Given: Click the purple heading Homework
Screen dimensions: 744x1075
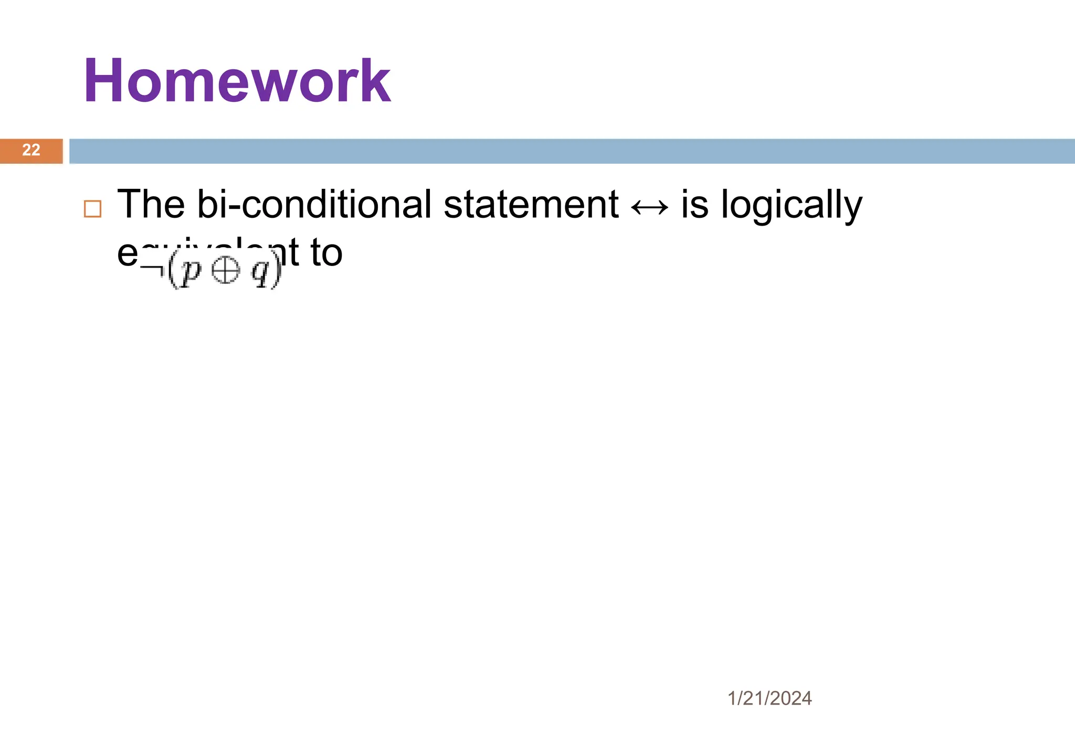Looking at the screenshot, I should pos(237,81).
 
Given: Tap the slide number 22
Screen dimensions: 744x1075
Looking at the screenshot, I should pos(31,150).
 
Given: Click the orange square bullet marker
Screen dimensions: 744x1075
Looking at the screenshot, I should pos(92,209).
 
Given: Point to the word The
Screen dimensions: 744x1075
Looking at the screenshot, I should pos(151,204).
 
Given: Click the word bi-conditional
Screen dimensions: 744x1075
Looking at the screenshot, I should pos(314,204).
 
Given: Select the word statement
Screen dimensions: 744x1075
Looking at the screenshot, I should pos(531,204).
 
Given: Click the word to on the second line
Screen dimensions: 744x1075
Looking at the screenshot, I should pos(326,253).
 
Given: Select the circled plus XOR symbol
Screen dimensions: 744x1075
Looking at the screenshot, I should pos(225,271).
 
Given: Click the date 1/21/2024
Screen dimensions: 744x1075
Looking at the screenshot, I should pos(770,698).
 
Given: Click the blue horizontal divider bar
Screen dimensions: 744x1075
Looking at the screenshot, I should pos(572,151).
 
